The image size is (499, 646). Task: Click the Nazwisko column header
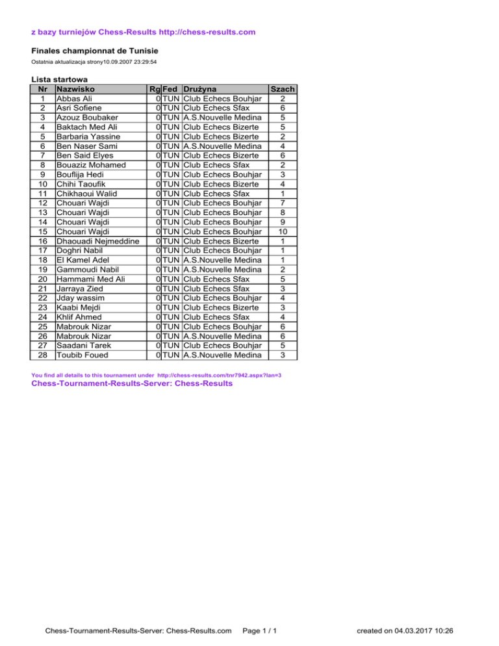(77, 88)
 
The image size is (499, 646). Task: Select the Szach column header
(283, 88)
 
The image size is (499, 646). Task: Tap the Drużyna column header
(201, 88)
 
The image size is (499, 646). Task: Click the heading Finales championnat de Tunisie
(95, 51)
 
